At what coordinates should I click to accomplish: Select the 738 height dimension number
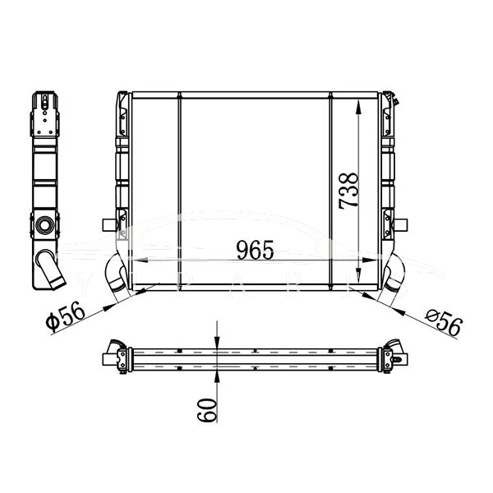[x=348, y=191]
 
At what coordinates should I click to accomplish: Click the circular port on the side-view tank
[x=44, y=223]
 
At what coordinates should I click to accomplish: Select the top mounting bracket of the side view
[x=44, y=111]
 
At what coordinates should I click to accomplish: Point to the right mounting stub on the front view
[x=403, y=223]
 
